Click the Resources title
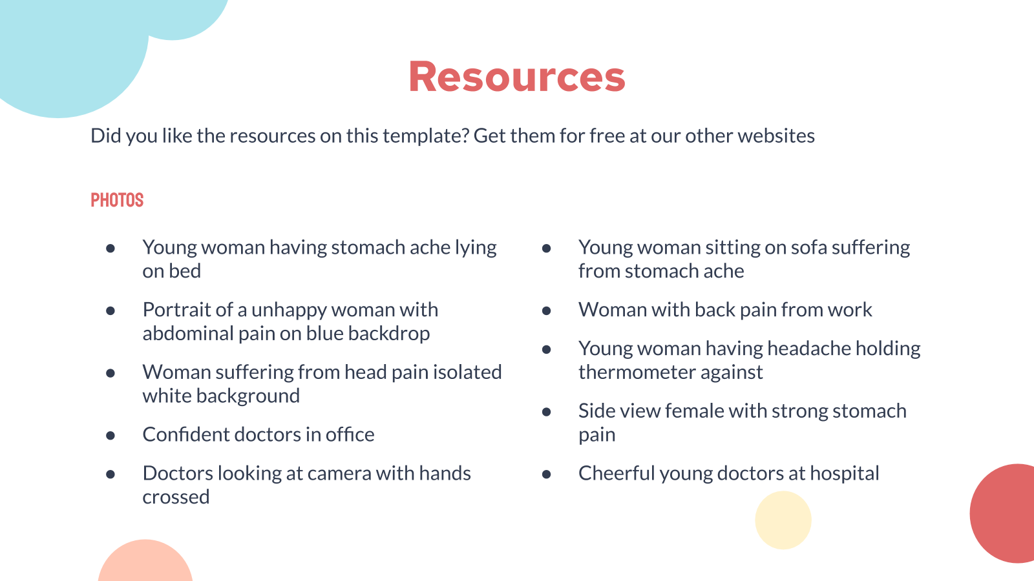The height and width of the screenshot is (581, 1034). pyautogui.click(x=517, y=77)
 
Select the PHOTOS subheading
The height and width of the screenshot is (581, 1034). pyautogui.click(x=117, y=200)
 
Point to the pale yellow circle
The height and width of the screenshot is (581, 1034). pyautogui.click(x=783, y=520)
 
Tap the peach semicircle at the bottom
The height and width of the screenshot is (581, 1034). pyautogui.click(x=145, y=562)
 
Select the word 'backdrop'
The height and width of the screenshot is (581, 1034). pyautogui.click(x=388, y=333)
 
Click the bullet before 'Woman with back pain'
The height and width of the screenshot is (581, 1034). pyautogui.click(x=547, y=311)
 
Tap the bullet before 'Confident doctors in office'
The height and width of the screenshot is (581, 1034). pyautogui.click(x=111, y=435)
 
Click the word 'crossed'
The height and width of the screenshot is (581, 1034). pyautogui.click(x=176, y=497)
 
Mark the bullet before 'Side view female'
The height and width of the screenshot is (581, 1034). pyautogui.click(x=547, y=412)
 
